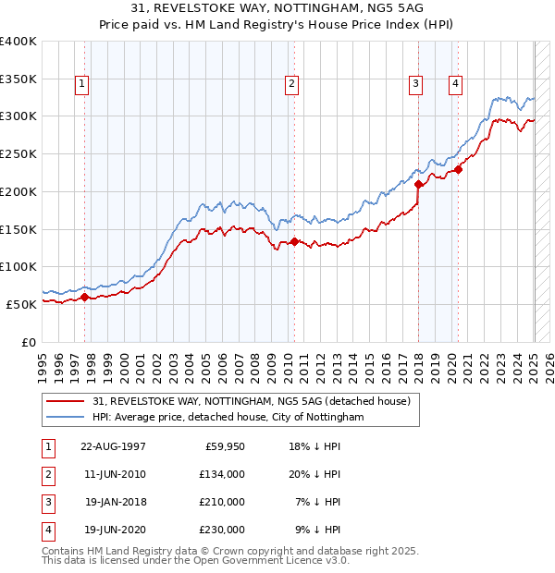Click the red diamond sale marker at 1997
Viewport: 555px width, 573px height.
[84, 297]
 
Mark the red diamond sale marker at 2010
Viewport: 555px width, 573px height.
[294, 241]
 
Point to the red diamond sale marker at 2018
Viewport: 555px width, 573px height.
[418, 184]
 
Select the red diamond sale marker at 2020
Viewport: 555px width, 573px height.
[458, 169]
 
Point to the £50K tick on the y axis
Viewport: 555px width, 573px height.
[22, 303]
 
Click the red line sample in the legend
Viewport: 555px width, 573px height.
[66, 400]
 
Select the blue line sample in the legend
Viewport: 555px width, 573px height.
[66, 417]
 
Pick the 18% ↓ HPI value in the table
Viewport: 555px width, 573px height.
[314, 446]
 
